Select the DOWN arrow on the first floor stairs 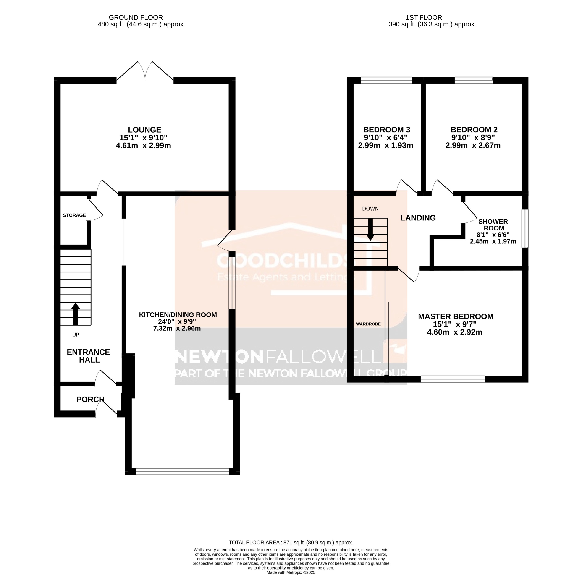click(x=370, y=229)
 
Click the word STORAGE click(x=74, y=215)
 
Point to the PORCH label click(x=90, y=399)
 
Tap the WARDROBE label click(x=368, y=324)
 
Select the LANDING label click(x=418, y=218)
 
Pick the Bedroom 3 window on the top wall click(x=386, y=80)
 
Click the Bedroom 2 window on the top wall click(x=473, y=80)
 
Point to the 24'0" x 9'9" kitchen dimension click(x=177, y=322)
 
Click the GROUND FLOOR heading click(x=136, y=18)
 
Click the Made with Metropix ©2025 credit click(x=291, y=572)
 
